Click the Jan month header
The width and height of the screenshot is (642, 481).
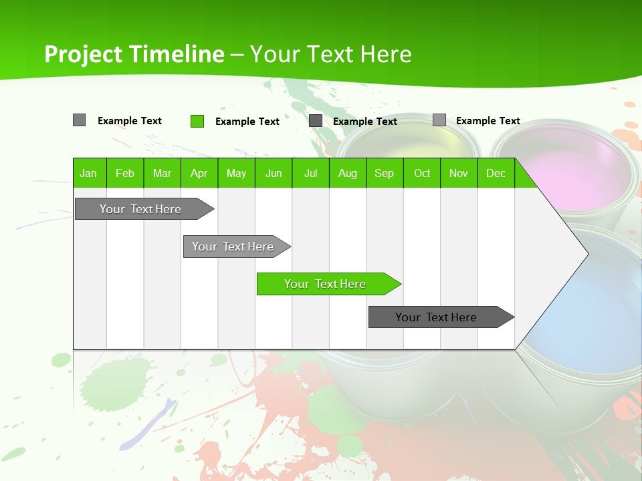pyautogui.click(x=88, y=174)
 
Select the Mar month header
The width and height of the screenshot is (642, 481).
pyautogui.click(x=162, y=174)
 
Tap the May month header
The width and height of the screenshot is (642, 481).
pyautogui.click(x=236, y=174)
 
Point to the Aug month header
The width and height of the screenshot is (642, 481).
pyautogui.click(x=347, y=174)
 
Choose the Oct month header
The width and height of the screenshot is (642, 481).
pyautogui.click(x=422, y=174)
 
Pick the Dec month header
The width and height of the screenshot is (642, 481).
pyautogui.click(x=496, y=174)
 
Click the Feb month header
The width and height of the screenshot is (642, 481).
pyautogui.click(x=125, y=174)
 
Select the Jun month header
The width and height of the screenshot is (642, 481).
pyautogui.click(x=274, y=174)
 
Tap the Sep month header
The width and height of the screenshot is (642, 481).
pyautogui.click(x=384, y=174)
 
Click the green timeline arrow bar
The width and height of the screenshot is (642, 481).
pyautogui.click(x=325, y=284)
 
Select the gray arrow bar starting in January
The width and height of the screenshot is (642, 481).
pyautogui.click(x=140, y=209)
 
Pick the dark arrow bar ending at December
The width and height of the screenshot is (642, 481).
pyautogui.click(x=436, y=317)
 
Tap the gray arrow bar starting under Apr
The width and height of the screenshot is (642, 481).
pyautogui.click(x=233, y=247)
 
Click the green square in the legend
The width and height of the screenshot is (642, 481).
pyautogui.click(x=197, y=121)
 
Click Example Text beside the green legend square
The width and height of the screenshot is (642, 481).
pyautogui.click(x=247, y=122)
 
